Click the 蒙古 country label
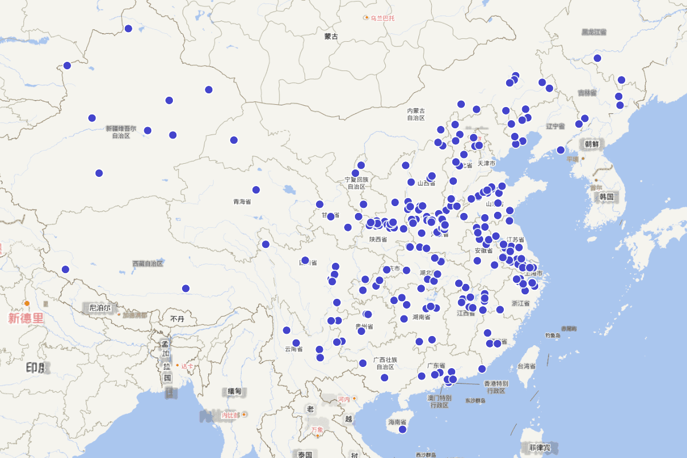pos(331,37)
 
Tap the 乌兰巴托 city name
pos(382,18)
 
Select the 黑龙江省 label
pos(594,32)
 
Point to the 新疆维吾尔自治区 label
pos(121,132)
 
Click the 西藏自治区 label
pos(148,264)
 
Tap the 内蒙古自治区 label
pos(416,114)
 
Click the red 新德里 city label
pos(26,318)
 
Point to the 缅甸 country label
pos(235,391)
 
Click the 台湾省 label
pos(526,366)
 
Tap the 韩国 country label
pos(607,197)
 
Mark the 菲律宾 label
pos(539,447)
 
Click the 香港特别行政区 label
pos(496,387)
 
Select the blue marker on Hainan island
pos(402,429)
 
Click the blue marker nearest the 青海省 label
pos(256,190)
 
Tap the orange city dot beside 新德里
pos(26,303)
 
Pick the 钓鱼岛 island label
pos(552,335)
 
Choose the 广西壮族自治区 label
pos(385,363)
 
